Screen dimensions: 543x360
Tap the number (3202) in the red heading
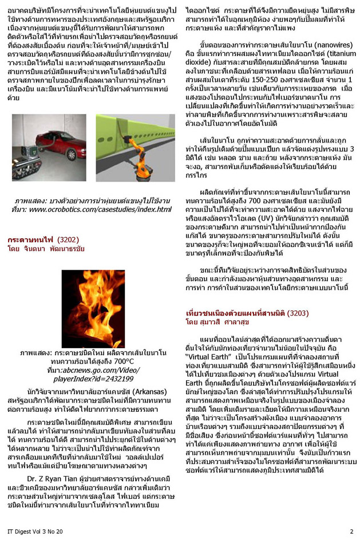tap(65, 239)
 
